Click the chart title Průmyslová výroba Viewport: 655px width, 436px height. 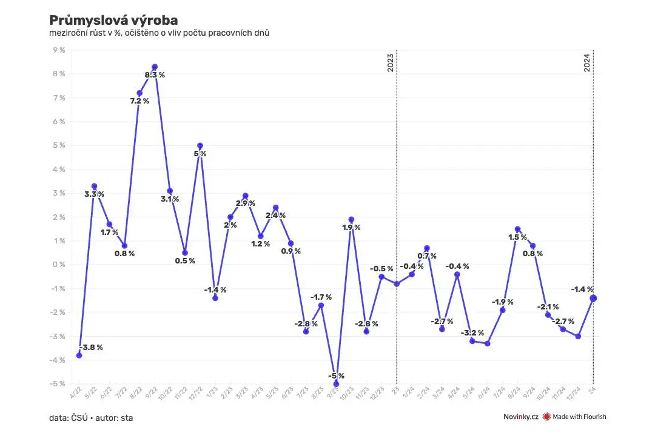pos(113,20)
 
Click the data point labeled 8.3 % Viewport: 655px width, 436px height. pos(155,67)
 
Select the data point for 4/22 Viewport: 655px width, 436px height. pos(79,355)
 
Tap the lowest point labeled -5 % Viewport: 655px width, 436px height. pos(336,384)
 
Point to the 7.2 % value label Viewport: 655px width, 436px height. pos(139,101)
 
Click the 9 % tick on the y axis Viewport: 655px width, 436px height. pos(59,50)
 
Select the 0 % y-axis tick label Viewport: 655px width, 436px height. pos(59,265)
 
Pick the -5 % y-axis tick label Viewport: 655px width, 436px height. pos(58,384)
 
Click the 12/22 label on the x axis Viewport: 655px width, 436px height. pos(196,394)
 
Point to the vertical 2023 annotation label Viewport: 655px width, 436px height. pos(390,62)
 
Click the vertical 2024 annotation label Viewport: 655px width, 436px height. pos(587,62)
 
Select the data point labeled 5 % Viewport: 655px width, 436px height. pos(200,145)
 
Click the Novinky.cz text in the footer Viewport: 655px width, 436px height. pos(520,417)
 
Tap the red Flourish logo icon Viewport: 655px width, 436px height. pos(546,417)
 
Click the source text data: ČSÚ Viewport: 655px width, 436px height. pos(69,418)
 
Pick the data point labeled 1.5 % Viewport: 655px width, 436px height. pos(518,229)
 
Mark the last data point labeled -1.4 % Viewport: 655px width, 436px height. pos(593,298)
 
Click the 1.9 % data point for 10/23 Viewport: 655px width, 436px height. pos(351,219)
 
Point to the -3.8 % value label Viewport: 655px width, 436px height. pos(90,348)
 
